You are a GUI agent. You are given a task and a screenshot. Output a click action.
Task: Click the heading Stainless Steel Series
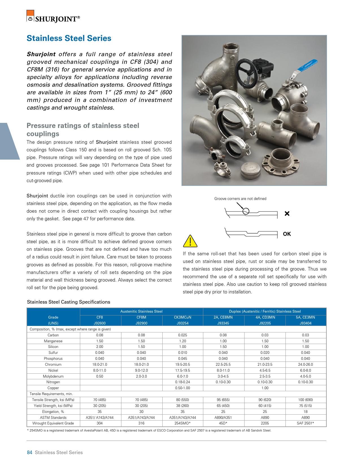click(69, 38)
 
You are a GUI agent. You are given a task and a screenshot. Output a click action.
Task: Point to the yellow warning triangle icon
click(190, 241)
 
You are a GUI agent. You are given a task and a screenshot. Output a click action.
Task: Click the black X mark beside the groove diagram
click(287, 214)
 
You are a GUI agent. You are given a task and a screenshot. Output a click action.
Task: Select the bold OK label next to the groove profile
click(287, 234)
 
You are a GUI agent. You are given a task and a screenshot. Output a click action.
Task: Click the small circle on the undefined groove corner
click(246, 211)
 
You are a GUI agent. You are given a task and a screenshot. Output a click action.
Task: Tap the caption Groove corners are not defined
click(240, 199)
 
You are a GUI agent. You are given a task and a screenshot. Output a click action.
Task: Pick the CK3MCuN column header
click(182, 317)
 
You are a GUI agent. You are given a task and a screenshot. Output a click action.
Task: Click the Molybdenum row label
click(53, 376)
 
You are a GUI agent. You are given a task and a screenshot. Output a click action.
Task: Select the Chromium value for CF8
click(99, 364)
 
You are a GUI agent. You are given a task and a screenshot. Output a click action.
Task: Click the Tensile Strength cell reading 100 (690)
click(305, 400)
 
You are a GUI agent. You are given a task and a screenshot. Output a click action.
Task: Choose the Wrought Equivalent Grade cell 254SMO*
click(182, 423)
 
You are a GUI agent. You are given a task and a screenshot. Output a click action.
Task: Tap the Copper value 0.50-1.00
click(182, 388)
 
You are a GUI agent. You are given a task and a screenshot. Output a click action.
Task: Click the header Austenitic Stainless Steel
click(141, 311)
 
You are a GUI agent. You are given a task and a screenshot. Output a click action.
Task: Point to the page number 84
click(29, 452)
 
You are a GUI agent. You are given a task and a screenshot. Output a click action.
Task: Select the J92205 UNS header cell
click(265, 323)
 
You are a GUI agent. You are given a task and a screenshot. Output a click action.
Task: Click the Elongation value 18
click(305, 411)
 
